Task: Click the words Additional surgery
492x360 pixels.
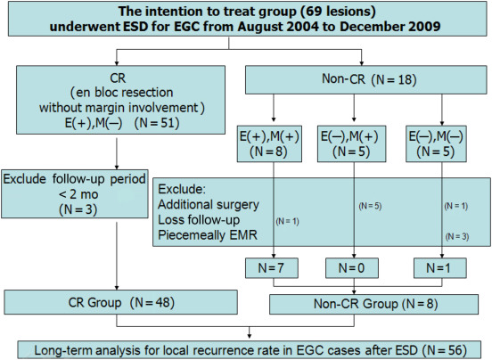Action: pos(206,204)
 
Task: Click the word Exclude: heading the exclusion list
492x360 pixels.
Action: pos(182,189)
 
